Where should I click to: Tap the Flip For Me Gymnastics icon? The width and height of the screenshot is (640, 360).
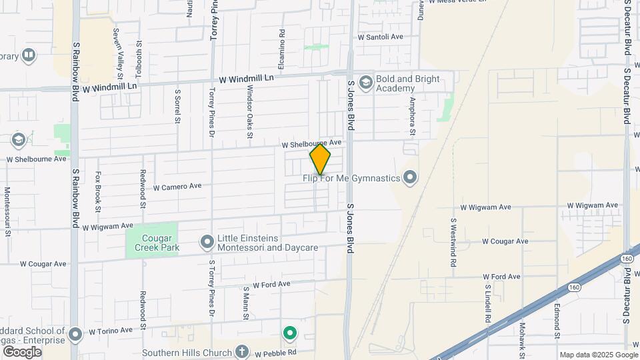[409, 177]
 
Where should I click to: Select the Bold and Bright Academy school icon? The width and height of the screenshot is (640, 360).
[365, 83]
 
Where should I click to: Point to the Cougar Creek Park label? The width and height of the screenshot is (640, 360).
[151, 243]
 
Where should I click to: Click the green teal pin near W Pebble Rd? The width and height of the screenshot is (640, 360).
[289, 332]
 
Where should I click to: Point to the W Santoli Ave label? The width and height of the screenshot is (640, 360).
[381, 37]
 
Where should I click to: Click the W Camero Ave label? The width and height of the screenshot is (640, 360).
[177, 187]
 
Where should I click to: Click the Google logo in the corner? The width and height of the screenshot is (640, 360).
[21, 352]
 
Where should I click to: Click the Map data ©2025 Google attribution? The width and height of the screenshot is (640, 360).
[598, 355]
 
